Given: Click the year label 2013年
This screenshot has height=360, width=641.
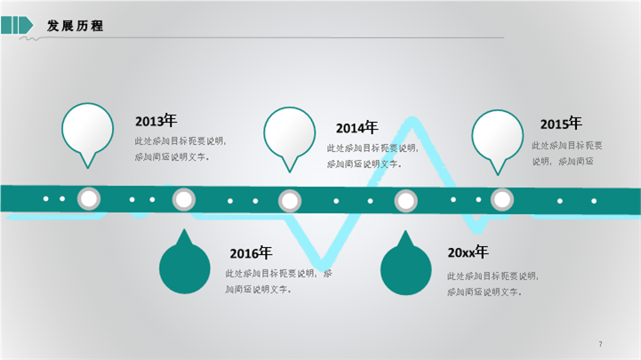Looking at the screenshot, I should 156,121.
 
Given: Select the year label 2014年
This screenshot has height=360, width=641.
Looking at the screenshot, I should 357,128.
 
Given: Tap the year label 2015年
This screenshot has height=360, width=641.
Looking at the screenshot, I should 560,124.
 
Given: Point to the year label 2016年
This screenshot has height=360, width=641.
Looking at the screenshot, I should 250,253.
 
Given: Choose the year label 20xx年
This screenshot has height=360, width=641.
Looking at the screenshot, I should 468,252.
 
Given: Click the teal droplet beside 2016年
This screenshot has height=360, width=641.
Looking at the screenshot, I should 184,268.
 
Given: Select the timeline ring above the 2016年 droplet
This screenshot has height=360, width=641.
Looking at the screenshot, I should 183,200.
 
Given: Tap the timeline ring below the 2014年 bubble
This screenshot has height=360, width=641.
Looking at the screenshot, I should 289,201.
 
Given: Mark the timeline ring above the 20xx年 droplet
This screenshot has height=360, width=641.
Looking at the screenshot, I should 405,202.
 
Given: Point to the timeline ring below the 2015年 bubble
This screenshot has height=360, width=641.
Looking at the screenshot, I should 502,199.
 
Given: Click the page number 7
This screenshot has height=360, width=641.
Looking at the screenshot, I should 601,344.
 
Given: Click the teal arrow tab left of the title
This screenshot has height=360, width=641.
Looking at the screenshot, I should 17,25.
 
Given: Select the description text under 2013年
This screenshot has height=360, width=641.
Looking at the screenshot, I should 180,148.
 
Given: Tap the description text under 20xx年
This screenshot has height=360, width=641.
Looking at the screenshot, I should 492,284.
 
